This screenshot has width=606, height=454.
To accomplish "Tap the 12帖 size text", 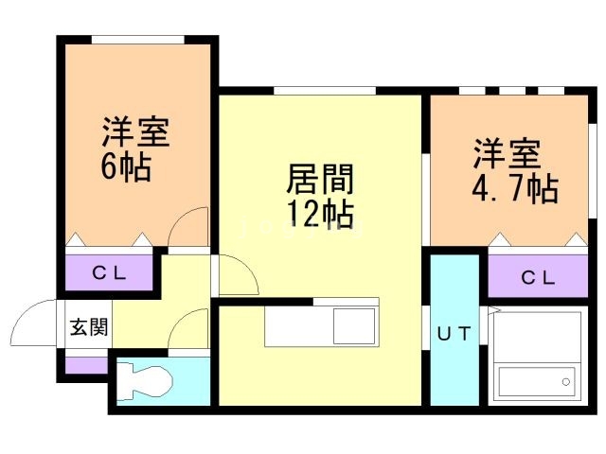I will [320, 214].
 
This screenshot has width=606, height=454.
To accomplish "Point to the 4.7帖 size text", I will [513, 188].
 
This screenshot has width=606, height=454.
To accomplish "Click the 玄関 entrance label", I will [87, 328].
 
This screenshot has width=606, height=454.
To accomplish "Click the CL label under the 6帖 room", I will [111, 274].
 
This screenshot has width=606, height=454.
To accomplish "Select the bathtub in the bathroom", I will [535, 381].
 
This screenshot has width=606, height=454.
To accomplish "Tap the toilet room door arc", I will [191, 328].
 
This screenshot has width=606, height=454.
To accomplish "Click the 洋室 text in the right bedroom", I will [508, 153].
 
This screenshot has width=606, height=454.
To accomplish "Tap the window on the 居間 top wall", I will [324, 90].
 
